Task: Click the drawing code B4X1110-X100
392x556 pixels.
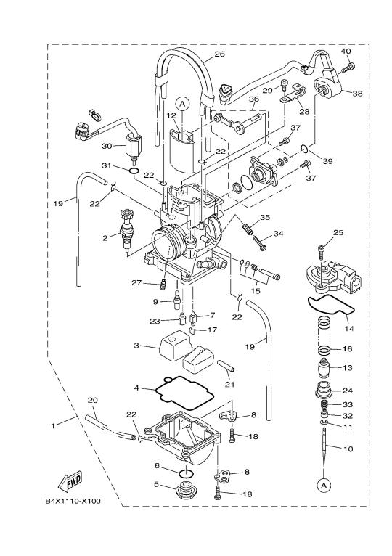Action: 73,501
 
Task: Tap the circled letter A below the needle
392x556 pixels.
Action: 323,485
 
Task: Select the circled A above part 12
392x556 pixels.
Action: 182,104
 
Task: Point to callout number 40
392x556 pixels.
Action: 346,51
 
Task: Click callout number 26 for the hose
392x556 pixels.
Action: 220,54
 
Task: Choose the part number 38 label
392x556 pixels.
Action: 357,94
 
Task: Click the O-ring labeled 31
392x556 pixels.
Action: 134,171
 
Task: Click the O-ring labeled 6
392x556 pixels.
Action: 186,473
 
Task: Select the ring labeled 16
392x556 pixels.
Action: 324,351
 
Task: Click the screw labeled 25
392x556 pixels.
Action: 322,251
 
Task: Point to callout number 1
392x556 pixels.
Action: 53,425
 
